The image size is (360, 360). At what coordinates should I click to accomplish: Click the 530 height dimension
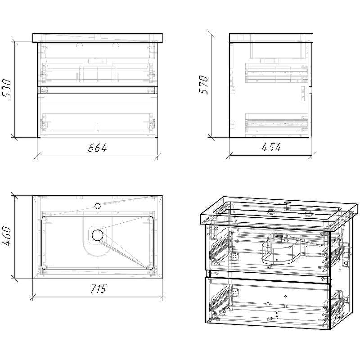tap(6, 89)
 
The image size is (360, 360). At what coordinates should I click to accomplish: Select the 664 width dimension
tap(98, 148)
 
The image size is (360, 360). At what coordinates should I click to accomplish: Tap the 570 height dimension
tap(203, 85)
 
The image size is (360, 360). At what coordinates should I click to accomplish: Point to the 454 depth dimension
tap(271, 148)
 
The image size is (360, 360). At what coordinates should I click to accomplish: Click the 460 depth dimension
tap(6, 237)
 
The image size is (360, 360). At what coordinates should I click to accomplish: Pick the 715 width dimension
tap(98, 289)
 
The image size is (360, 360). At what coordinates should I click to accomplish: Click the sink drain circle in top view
tap(98, 235)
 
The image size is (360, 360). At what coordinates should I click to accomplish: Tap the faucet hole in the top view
tap(98, 206)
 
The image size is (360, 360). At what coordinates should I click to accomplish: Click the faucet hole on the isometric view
tap(287, 202)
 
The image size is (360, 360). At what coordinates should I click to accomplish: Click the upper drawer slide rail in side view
tap(276, 73)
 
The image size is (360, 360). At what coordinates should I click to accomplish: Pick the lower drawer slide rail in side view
tap(276, 123)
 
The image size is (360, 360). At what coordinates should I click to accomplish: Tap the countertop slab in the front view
tap(98, 38)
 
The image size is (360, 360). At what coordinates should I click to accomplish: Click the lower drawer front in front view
tap(98, 115)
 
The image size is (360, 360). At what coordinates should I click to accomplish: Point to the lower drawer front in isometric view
tap(268, 302)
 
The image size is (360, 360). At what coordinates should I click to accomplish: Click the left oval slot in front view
tap(80, 46)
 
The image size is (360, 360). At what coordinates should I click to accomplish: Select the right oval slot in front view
tap(116, 46)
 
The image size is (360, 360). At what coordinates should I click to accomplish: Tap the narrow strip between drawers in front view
tap(98, 90)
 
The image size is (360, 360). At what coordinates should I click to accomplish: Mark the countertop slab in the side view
tap(271, 38)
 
